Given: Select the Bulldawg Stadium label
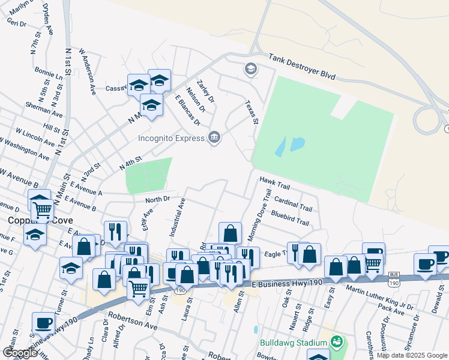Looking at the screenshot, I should pyautogui.click(x=294, y=344).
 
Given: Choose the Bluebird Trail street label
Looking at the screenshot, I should pyautogui.click(x=290, y=218).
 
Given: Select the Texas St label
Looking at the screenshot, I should pyautogui.click(x=251, y=112).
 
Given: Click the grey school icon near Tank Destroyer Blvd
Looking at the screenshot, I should pyautogui.click(x=250, y=70).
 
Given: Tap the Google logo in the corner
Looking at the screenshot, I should pyautogui.click(x=20, y=353).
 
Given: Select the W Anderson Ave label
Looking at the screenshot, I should pyautogui.click(x=88, y=72).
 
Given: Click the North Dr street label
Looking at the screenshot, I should pyautogui.click(x=158, y=199).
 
